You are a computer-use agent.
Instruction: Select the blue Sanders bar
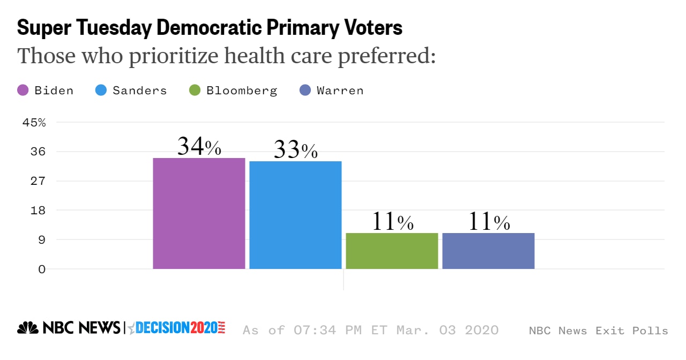pyautogui.click(x=295, y=215)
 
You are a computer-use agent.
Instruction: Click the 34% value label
pyautogui.click(x=199, y=146)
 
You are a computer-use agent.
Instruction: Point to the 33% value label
pyautogui.click(x=295, y=150)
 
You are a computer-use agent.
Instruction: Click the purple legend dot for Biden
pyautogui.click(x=23, y=90)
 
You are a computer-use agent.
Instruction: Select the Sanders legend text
pyautogui.click(x=139, y=90)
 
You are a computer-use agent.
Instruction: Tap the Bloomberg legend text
pyautogui.click(x=242, y=90)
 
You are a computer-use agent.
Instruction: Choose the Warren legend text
pyautogui.click(x=340, y=90)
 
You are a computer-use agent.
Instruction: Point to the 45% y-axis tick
pyautogui.click(x=34, y=122)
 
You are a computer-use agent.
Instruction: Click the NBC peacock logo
pyautogui.click(x=28, y=328)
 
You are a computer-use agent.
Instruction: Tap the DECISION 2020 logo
pyautogui.click(x=180, y=328)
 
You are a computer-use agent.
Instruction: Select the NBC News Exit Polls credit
pyautogui.click(x=598, y=331)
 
